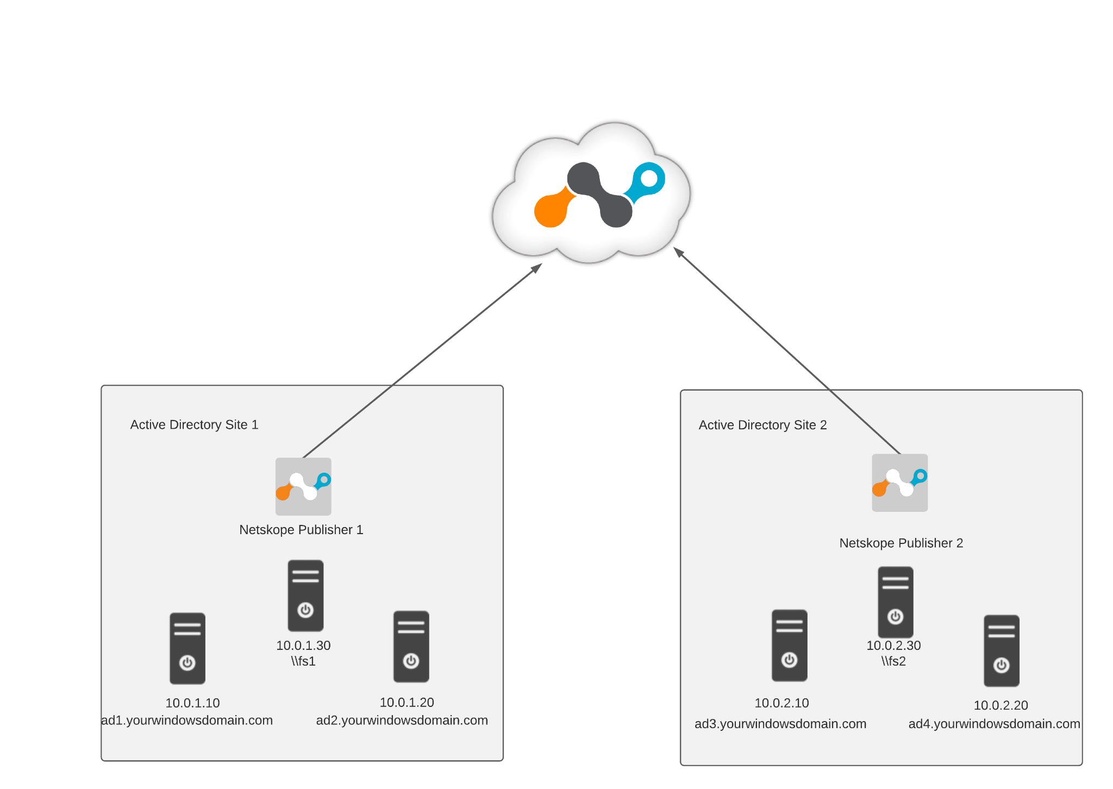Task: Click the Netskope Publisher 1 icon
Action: click(x=303, y=486)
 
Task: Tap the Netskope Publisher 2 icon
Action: click(x=899, y=483)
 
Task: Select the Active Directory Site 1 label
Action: click(x=194, y=424)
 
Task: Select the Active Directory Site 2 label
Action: click(x=762, y=425)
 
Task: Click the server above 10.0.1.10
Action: click(x=187, y=648)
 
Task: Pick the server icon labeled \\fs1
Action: click(x=305, y=596)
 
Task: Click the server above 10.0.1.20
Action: click(x=411, y=647)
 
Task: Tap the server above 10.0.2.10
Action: click(x=789, y=646)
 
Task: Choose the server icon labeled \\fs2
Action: click(x=895, y=602)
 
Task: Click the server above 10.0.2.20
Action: click(x=1001, y=651)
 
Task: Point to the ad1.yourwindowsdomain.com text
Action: click(x=187, y=720)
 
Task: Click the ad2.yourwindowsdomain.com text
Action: click(x=402, y=720)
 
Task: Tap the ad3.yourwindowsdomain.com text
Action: click(x=780, y=724)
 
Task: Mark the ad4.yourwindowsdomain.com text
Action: click(x=994, y=724)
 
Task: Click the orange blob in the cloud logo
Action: click(x=551, y=210)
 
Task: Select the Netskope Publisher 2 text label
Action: click(x=901, y=543)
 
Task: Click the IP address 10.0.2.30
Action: click(x=893, y=646)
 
